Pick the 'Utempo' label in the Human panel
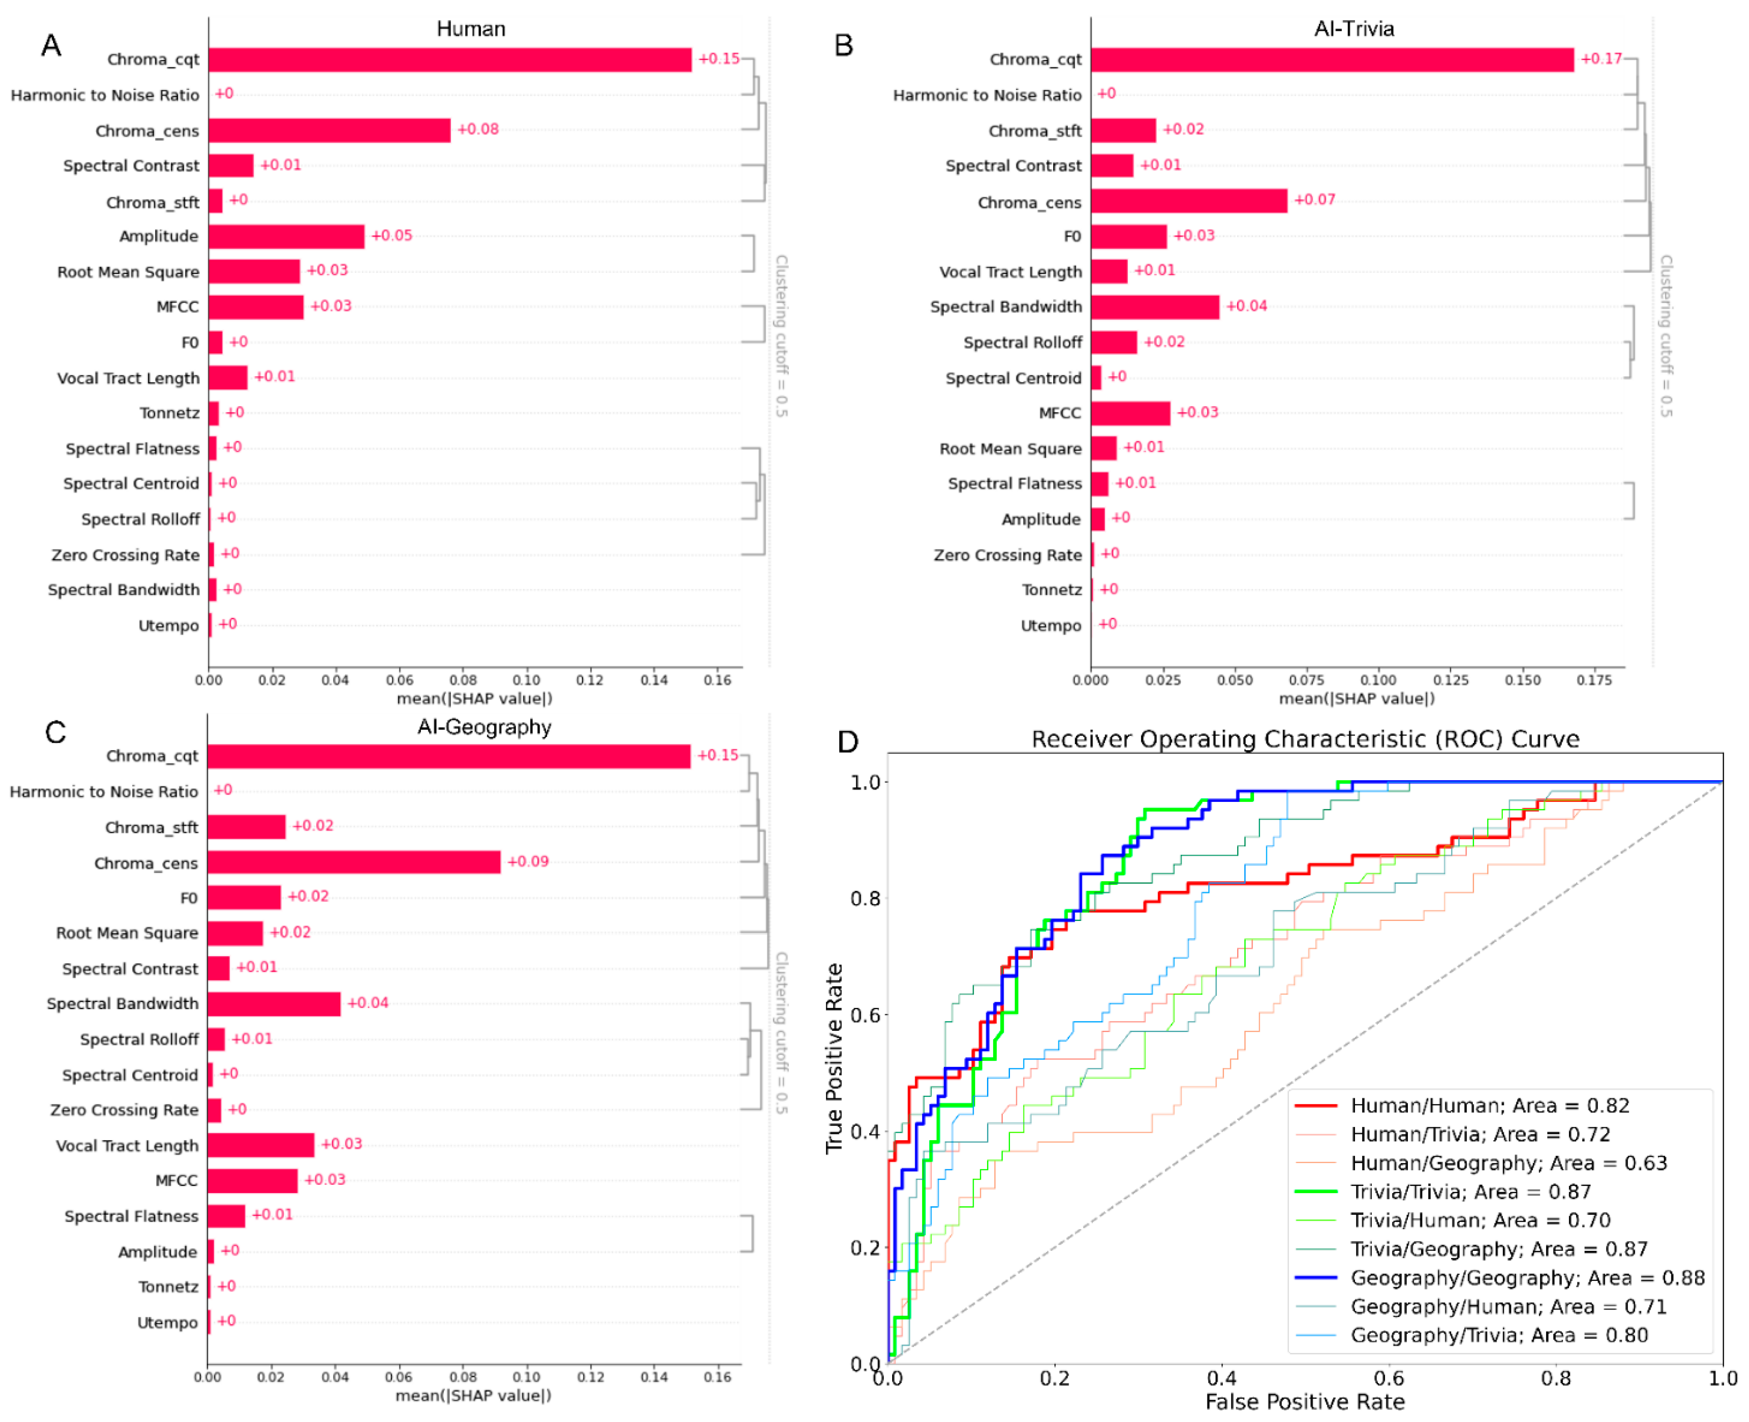tap(168, 626)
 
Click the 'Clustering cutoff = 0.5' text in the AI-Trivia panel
tap(1666, 336)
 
